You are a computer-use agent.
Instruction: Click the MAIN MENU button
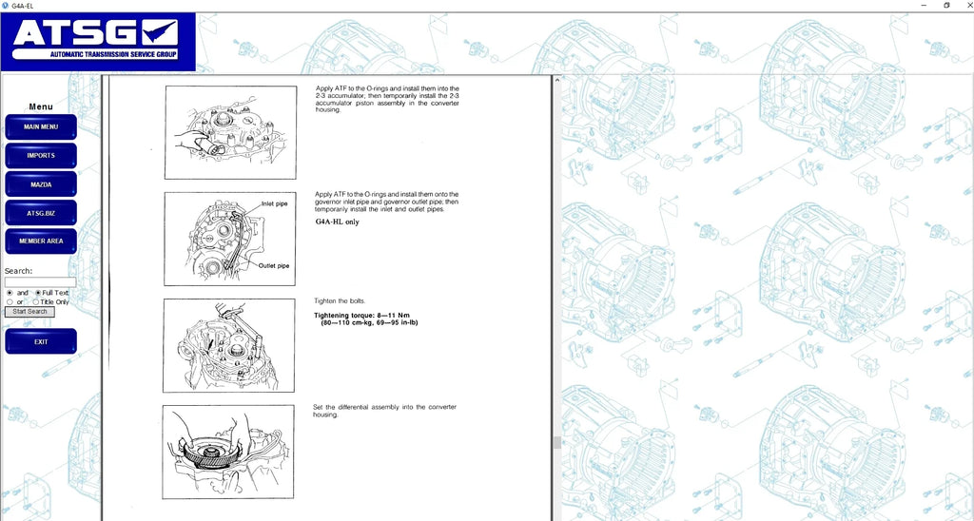pyautogui.click(x=41, y=126)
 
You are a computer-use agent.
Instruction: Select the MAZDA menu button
pyautogui.click(x=41, y=184)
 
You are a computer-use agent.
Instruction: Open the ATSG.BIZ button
pyautogui.click(x=41, y=213)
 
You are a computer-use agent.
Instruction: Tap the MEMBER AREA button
pyautogui.click(x=41, y=241)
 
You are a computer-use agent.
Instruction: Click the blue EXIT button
pyautogui.click(x=41, y=341)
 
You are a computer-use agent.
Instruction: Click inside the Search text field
pyautogui.click(x=40, y=282)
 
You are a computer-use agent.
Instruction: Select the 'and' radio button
pyautogui.click(x=10, y=293)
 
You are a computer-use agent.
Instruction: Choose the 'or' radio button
pyautogui.click(x=10, y=301)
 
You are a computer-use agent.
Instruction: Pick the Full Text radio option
pyautogui.click(x=38, y=293)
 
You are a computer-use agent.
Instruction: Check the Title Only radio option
pyautogui.click(x=36, y=301)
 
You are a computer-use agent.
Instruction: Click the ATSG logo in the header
pyautogui.click(x=98, y=42)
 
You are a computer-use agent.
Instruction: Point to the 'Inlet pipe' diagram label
pyautogui.click(x=275, y=203)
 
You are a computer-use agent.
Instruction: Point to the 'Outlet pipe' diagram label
pyautogui.click(x=274, y=266)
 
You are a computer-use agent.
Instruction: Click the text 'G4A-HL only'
pyautogui.click(x=338, y=222)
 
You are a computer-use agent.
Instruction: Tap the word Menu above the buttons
pyautogui.click(x=41, y=106)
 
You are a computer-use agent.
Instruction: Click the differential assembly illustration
pyautogui.click(x=228, y=452)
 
